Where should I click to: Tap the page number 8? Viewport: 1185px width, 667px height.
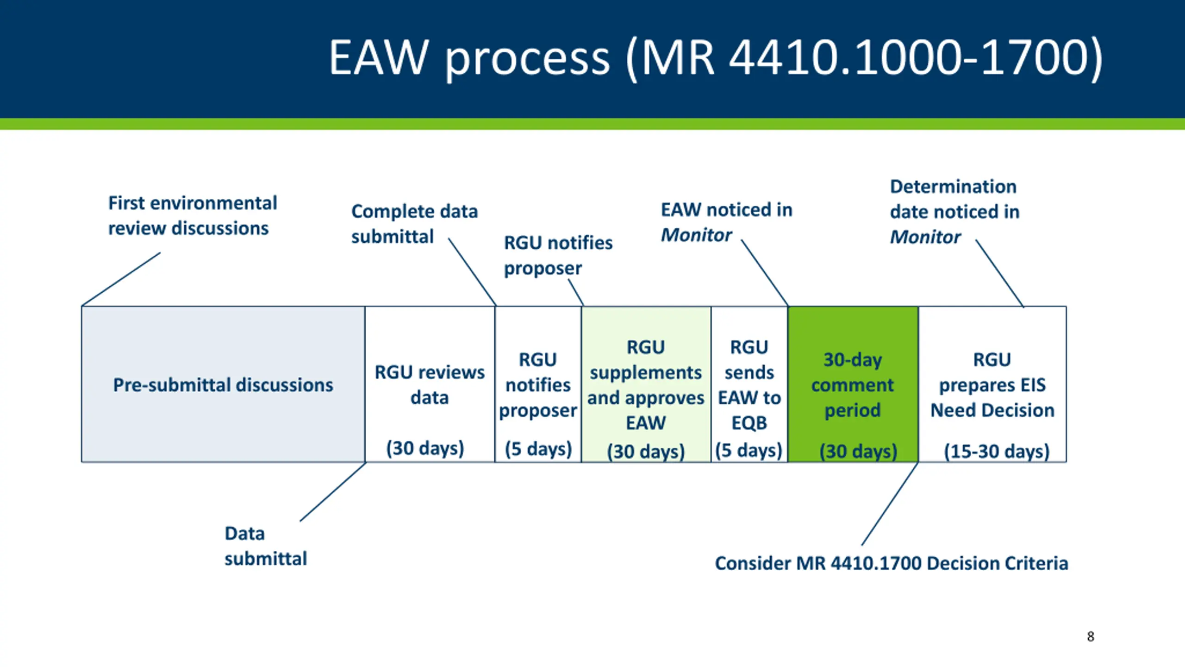1091,636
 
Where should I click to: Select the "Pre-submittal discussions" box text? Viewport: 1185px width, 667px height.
223,385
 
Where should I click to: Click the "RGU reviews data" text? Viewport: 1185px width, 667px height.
430,385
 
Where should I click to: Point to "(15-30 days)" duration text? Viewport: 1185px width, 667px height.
997,451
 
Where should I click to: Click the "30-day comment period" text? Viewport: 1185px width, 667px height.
853,385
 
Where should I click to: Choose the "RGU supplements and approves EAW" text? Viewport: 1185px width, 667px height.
646,385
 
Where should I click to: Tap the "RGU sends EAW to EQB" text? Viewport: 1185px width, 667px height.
749,385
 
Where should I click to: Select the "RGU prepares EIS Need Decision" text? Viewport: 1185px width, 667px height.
992,385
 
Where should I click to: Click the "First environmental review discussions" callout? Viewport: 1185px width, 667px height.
192,216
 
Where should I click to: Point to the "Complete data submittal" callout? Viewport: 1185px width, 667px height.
414,224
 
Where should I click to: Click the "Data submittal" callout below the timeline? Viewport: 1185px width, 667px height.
265,546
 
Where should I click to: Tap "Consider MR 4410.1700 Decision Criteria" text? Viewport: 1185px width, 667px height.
892,563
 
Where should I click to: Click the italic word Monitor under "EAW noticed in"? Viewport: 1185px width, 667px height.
696,235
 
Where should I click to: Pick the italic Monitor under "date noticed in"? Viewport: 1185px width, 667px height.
925,237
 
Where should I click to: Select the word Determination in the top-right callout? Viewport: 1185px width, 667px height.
953,187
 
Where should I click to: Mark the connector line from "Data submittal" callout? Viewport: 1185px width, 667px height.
333,492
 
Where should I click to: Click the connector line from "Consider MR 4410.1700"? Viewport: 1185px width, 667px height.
890,503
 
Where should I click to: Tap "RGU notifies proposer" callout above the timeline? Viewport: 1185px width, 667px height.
558,255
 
